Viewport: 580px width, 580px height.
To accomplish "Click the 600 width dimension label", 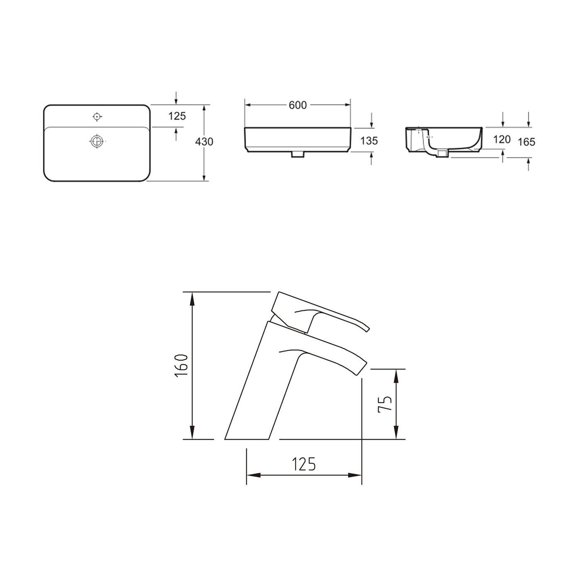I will [x=297, y=106].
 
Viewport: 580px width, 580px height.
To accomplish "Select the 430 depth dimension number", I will [x=204, y=142].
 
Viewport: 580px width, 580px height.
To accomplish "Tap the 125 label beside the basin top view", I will [x=177, y=116].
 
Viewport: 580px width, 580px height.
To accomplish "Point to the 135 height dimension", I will [x=369, y=141].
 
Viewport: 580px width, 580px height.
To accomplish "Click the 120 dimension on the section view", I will [x=502, y=140].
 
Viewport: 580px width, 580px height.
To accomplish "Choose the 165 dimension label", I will [x=527, y=142].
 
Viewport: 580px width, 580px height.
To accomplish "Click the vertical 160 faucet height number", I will [x=182, y=365].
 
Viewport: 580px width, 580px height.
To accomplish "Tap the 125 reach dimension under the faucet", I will [x=304, y=464].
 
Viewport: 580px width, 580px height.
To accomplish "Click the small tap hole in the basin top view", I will [x=97, y=117].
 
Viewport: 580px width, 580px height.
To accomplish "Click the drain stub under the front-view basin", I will [x=298, y=155].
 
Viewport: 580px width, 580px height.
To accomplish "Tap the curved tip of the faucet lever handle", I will [x=366, y=328].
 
